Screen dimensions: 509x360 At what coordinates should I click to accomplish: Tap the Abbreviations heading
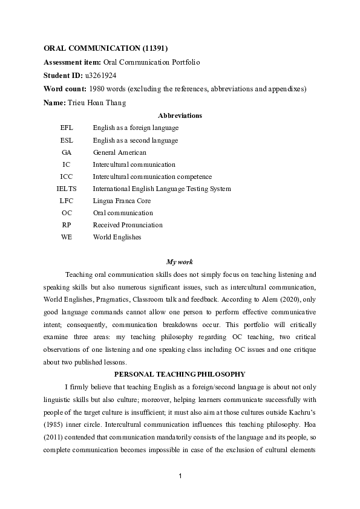180,115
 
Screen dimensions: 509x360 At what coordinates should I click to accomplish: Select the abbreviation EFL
67,128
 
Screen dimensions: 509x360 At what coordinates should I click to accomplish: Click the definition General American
119,152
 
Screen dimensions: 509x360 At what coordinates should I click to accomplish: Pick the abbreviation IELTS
67,189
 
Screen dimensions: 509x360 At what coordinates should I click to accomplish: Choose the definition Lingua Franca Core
122,201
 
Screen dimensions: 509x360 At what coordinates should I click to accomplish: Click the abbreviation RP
67,225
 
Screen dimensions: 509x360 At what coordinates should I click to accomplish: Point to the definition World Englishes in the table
117,237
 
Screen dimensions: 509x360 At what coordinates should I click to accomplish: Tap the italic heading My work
180,262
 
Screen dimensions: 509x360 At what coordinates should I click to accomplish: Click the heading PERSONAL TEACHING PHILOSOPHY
180,374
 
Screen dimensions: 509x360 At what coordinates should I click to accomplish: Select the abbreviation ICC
67,177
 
